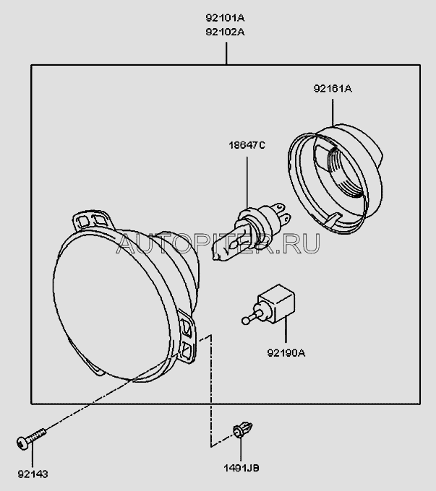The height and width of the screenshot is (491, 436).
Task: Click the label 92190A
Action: [x=286, y=353]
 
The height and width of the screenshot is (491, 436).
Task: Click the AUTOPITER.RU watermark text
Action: [x=217, y=245]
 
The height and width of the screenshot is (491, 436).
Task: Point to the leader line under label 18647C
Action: [x=249, y=177]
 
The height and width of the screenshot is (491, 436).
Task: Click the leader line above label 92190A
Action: [x=286, y=332]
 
